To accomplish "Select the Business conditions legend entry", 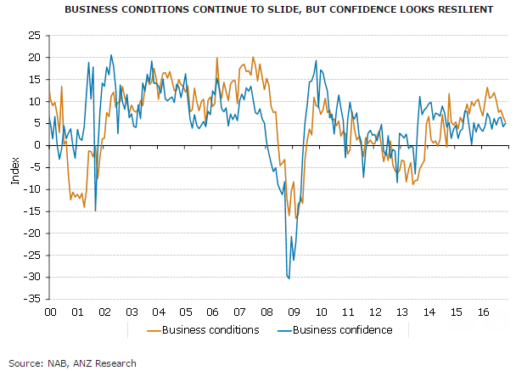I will pos(203,329).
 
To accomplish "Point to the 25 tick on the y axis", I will pos(33,36).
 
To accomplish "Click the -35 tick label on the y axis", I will pos(31,299).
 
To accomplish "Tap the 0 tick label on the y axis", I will pos(37,145).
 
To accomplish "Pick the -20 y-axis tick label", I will pos(31,233).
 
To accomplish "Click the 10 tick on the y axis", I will pos(33,101).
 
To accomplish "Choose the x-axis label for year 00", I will pos(50,312).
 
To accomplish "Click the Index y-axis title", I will pos(14,169).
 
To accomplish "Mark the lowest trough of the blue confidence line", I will pos(289,278).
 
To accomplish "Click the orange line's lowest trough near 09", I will pos(290,218).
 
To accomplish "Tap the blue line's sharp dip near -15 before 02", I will pos(95,211).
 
